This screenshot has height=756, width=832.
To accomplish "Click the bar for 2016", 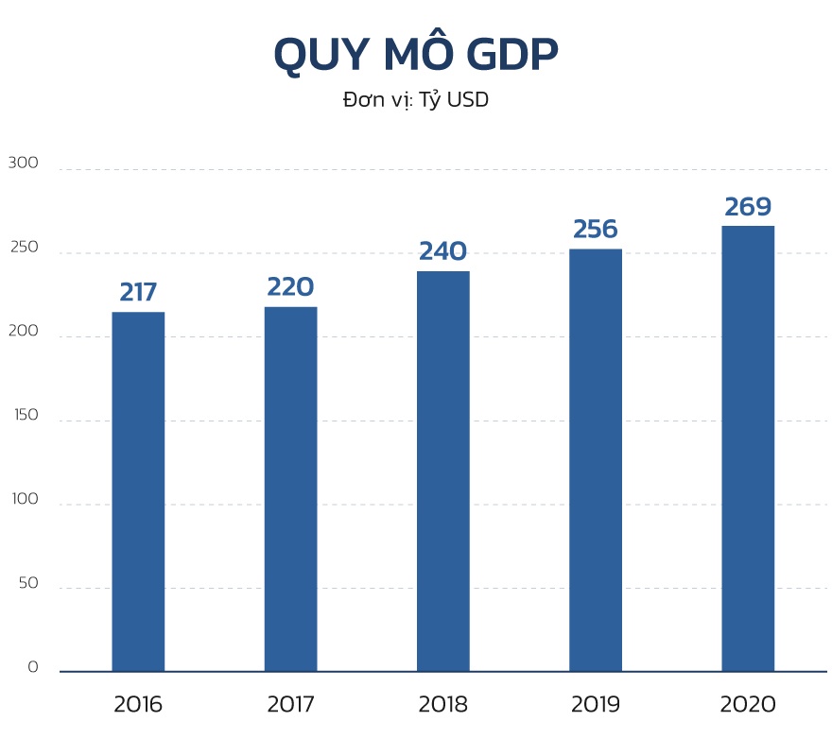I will [x=138, y=491].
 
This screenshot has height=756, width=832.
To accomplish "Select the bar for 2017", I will [x=290, y=489].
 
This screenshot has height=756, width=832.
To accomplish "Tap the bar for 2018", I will [x=442, y=471].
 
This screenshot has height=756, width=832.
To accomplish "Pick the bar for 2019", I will [x=596, y=459].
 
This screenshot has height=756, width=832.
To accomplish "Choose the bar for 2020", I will [x=748, y=448].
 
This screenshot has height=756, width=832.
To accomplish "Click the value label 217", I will [x=138, y=292].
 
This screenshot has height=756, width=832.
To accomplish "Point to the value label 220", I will [x=290, y=286].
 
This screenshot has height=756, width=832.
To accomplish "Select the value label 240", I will [x=442, y=251].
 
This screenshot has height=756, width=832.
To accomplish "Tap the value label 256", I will [x=596, y=230].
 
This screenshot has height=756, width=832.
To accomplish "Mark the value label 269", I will [x=748, y=207].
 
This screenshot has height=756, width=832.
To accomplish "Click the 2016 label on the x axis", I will [x=138, y=704].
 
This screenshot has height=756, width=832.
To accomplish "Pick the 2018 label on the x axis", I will [x=442, y=704].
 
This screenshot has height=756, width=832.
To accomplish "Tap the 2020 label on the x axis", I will [x=748, y=704].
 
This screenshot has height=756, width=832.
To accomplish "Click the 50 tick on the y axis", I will [x=26, y=583].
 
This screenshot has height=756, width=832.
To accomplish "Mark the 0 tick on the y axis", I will [x=32, y=666].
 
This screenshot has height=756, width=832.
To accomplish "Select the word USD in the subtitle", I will [x=467, y=99].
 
